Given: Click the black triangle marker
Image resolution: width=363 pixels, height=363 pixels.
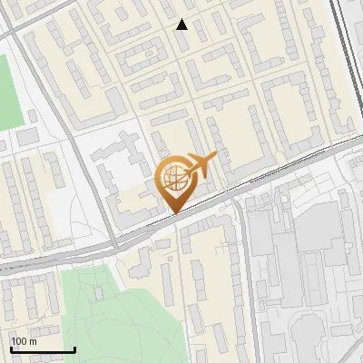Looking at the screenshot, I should click(x=182, y=25).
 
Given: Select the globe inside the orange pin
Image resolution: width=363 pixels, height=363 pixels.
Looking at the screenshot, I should click(x=174, y=178).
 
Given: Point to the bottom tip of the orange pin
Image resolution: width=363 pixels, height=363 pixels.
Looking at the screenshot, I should click(x=174, y=213).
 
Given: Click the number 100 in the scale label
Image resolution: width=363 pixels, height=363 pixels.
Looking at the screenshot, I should click(x=19, y=341).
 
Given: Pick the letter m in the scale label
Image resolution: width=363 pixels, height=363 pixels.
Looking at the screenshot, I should click(x=33, y=341).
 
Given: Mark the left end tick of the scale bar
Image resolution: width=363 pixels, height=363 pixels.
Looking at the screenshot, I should click(x=11, y=348).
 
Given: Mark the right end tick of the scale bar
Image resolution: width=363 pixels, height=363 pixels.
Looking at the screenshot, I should click(x=74, y=348).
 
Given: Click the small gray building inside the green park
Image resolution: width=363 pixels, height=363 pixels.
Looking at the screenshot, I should click(x=97, y=293).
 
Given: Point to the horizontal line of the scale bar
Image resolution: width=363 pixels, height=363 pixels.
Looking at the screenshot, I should click(x=43, y=350).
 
